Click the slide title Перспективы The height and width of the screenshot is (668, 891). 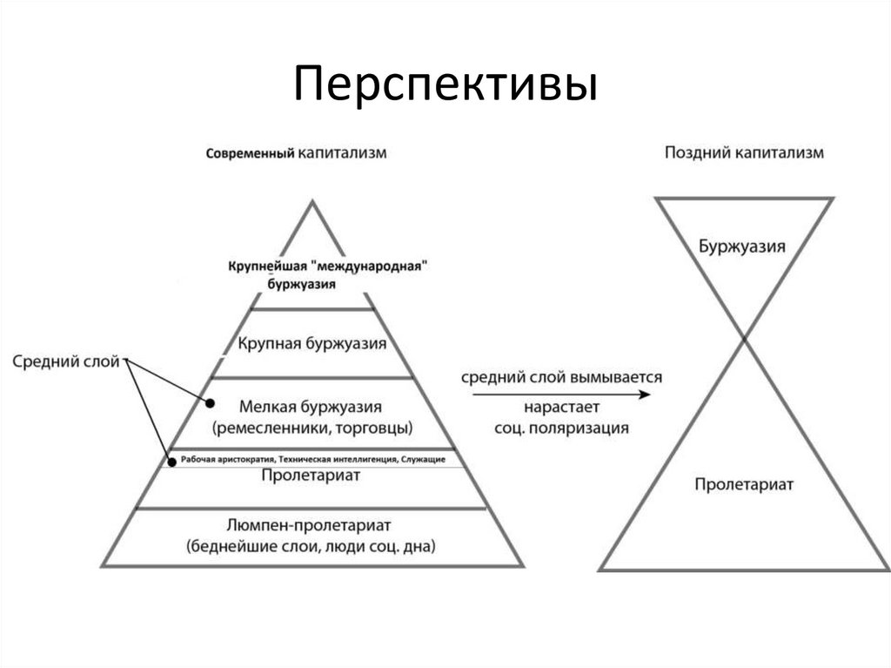tap(445, 84)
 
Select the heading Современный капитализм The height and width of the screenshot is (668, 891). tap(296, 152)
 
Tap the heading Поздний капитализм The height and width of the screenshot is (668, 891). tap(744, 152)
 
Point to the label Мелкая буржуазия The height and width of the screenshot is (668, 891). tap(311, 406)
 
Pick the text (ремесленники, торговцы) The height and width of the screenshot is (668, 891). tap(312, 428)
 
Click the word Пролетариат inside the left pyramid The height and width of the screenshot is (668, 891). tap(311, 476)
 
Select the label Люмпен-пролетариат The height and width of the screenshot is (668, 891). tap(311, 525)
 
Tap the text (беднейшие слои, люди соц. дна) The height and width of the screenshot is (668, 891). tap(311, 546)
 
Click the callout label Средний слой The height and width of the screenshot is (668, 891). tap(66, 361)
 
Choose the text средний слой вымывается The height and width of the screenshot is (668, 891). tap(561, 378)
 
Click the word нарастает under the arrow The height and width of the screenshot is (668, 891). tap(562, 407)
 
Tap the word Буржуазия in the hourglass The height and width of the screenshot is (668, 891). tap(742, 246)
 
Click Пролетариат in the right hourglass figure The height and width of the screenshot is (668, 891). tap(744, 484)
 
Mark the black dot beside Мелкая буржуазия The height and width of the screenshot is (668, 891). tap(210, 403)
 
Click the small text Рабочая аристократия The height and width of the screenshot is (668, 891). tap(221, 459)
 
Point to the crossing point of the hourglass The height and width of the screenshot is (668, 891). tap(744, 341)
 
